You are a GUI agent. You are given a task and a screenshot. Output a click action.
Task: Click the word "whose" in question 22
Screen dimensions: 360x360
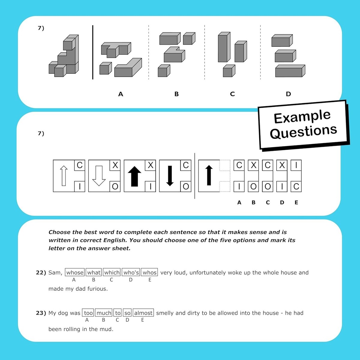75,273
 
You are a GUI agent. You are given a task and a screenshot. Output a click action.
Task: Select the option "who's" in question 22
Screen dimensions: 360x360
131,273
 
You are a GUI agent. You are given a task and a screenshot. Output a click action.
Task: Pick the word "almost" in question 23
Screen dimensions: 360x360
143,313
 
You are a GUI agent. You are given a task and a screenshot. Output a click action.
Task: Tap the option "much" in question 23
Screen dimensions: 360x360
104,313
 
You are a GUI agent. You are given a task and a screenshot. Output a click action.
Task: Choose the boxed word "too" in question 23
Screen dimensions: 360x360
88,313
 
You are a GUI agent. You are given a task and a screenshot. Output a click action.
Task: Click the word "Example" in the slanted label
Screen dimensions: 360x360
302,117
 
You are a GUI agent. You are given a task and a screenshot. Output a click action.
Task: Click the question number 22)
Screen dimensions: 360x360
41,273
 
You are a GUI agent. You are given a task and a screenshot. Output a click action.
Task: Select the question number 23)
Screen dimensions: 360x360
41,313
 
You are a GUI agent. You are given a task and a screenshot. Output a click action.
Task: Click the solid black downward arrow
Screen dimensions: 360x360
170,176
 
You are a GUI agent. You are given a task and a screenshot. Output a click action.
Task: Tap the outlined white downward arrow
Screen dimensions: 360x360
99,176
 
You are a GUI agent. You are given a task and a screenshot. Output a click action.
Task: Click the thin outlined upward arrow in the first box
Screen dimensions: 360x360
64,176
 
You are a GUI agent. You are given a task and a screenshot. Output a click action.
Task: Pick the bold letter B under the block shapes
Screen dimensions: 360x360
176,94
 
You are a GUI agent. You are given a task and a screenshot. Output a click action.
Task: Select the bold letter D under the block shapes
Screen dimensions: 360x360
288,94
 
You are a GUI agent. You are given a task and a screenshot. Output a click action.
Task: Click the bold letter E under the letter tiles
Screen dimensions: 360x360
296,202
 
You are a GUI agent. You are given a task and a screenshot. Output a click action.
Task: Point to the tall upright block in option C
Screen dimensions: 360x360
224,47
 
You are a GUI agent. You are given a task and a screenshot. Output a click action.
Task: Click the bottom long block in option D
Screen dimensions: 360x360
290,71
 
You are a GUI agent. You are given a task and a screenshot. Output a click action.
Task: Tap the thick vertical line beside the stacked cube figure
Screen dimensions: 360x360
93,52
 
